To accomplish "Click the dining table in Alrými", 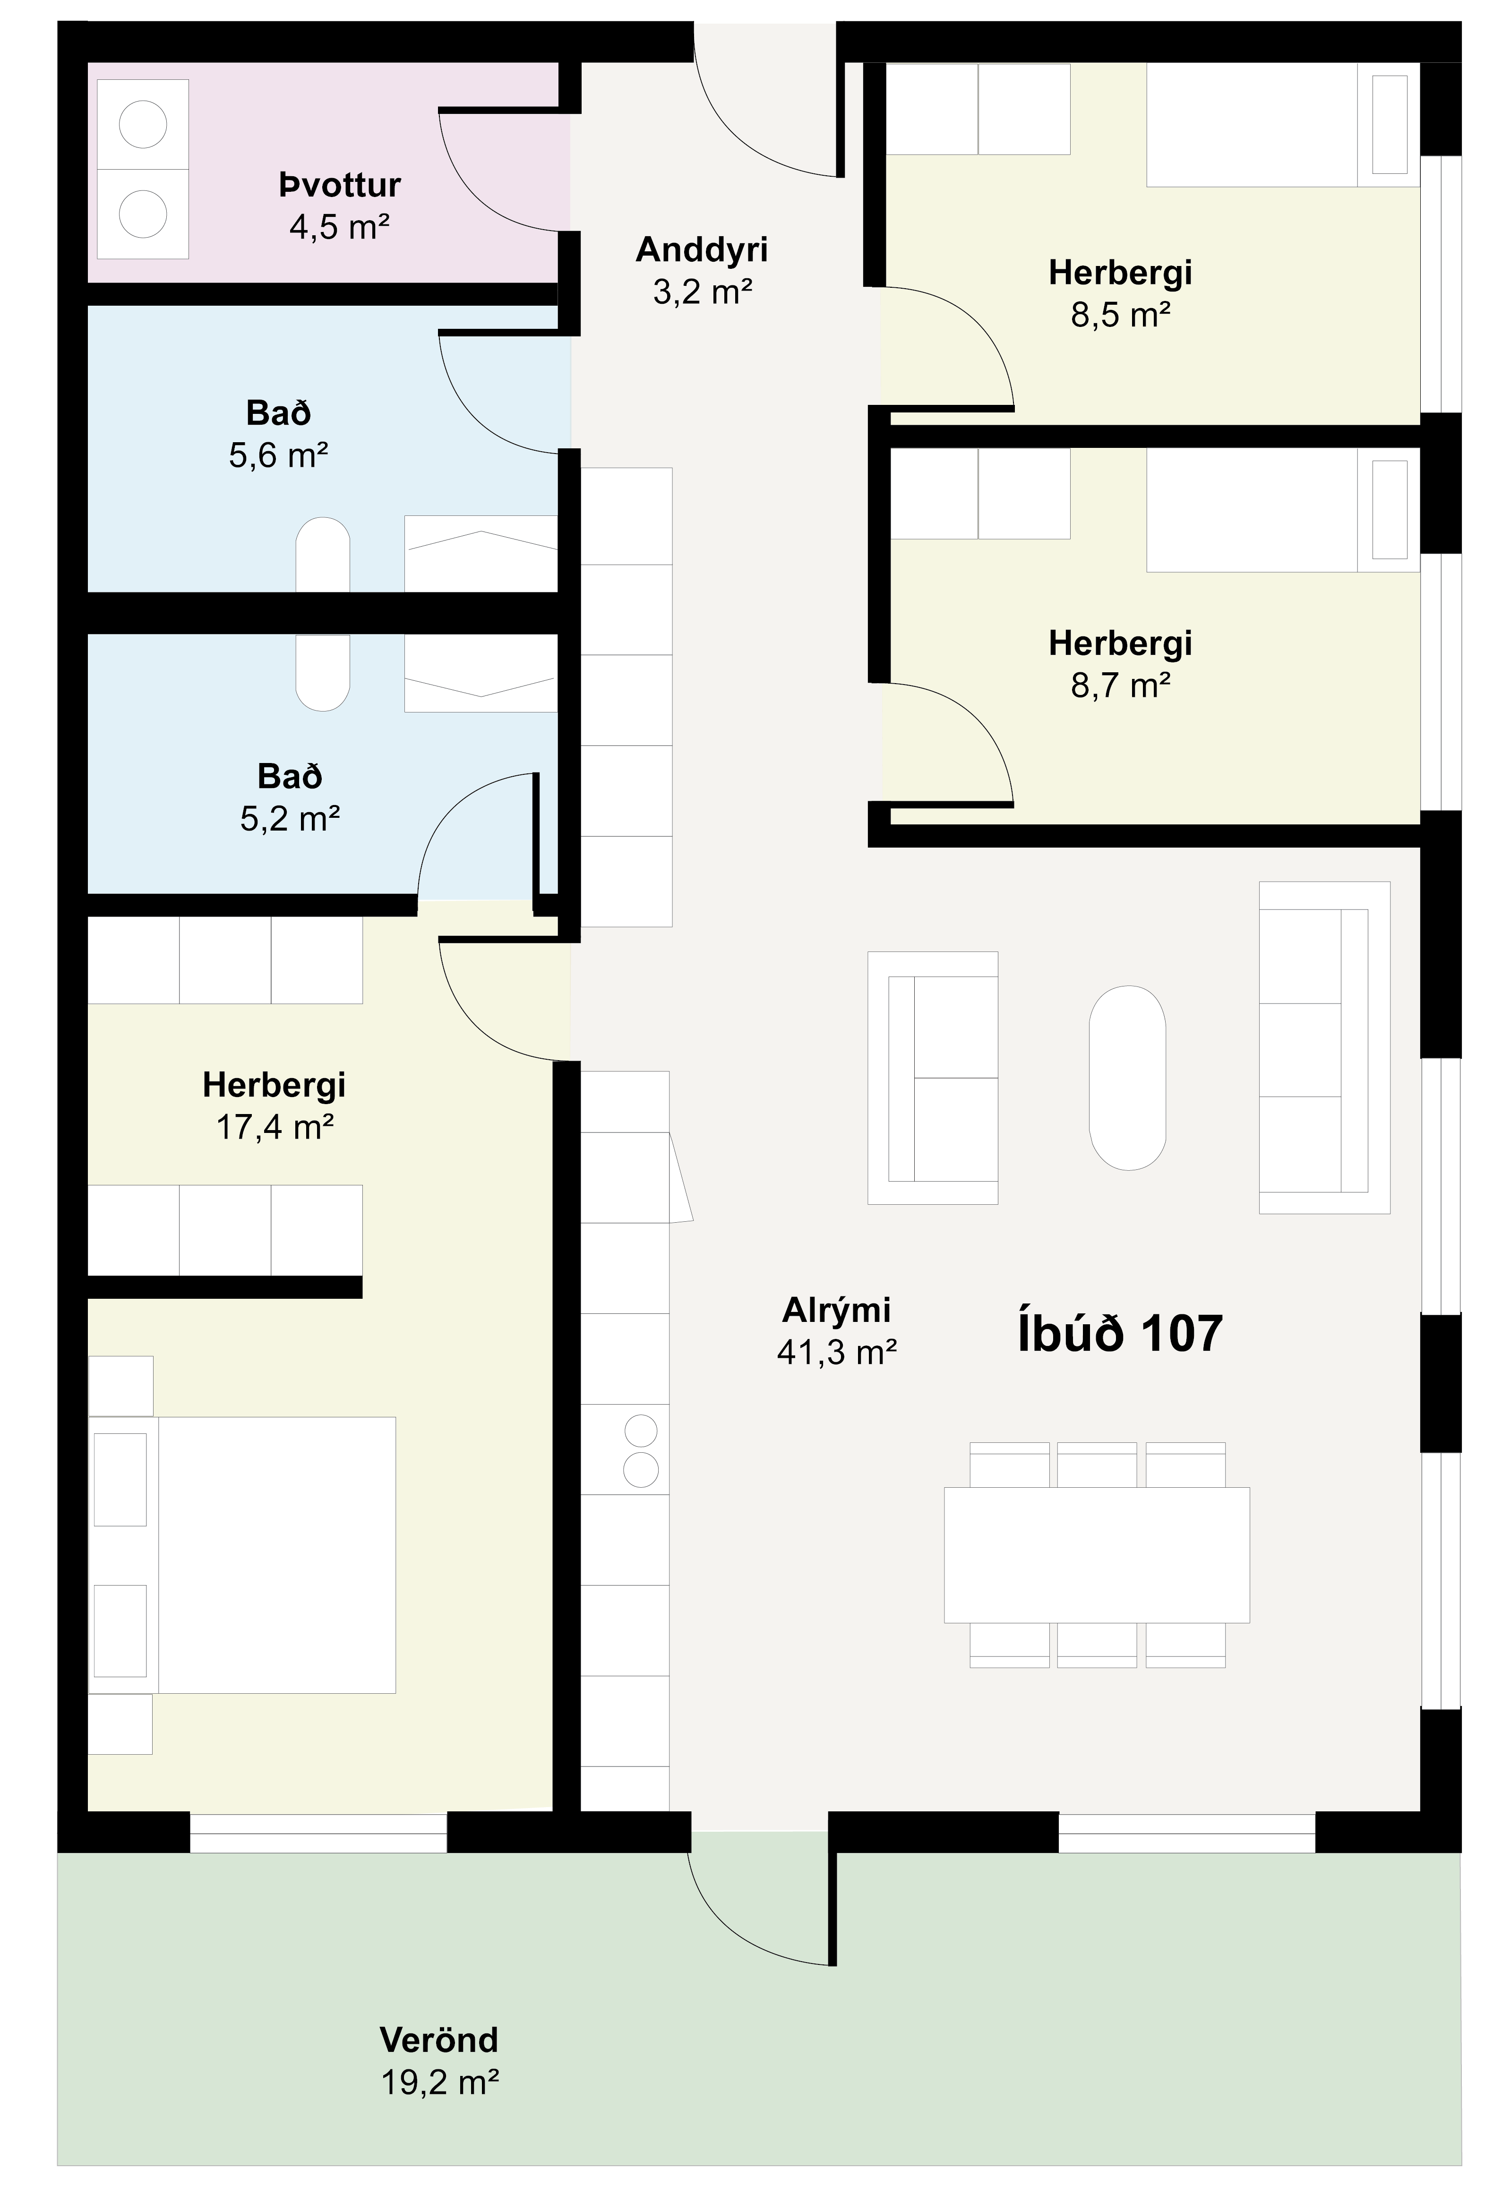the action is (x=1097, y=1555).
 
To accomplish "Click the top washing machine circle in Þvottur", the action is (x=143, y=124).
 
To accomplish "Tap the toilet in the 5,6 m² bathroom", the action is (x=323, y=555).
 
